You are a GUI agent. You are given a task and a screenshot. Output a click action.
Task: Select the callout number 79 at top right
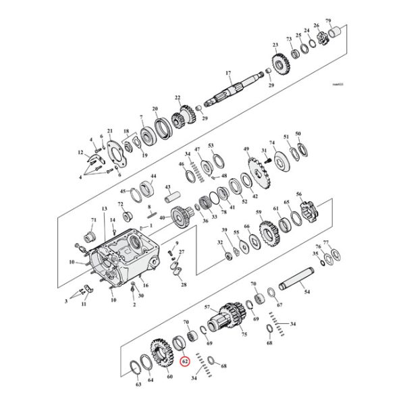click(x=329, y=22)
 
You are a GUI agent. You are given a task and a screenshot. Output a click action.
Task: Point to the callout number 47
click(x=198, y=149)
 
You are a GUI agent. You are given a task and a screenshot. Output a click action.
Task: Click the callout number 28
click(x=184, y=286)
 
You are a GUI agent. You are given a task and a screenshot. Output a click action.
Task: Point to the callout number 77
click(x=326, y=242)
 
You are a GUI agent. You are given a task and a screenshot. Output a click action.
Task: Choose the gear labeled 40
click(x=180, y=219)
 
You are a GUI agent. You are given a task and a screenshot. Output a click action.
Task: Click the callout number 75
click(x=244, y=333)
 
